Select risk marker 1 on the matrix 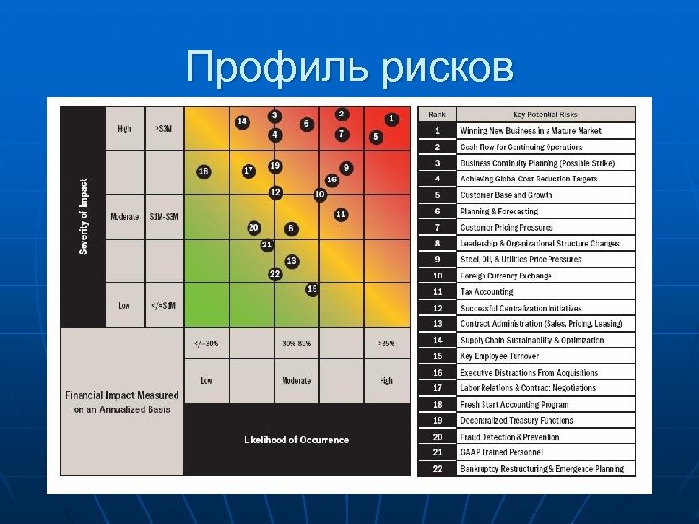click(390, 118)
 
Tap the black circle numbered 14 click(242, 121)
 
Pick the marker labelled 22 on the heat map click(275, 273)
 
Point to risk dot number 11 click(341, 213)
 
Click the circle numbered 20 click(253, 227)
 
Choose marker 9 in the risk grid click(346, 168)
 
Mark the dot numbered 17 click(249, 171)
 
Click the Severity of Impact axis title click(83, 216)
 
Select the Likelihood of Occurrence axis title click(296, 440)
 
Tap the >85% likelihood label click(386, 344)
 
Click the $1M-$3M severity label click(162, 216)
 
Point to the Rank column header click(438, 115)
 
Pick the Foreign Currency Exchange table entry click(506, 276)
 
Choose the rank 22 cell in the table click(438, 469)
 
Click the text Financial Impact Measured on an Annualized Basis click(122, 402)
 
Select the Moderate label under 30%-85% click(296, 381)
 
